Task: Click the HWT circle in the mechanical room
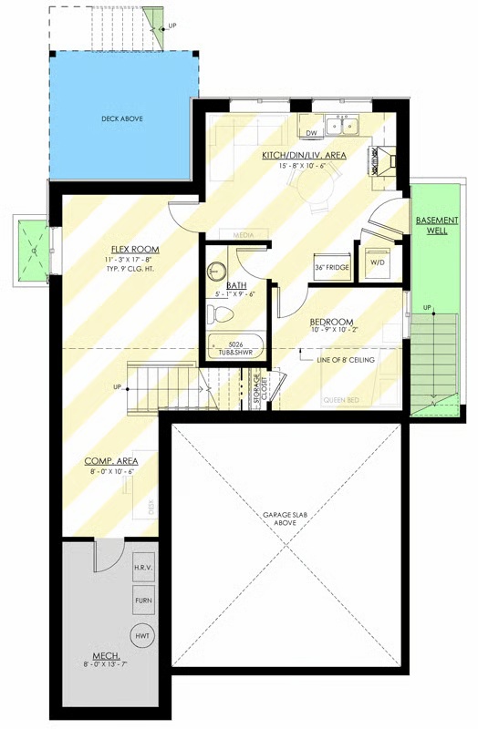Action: click(141, 634)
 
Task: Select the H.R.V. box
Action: click(143, 568)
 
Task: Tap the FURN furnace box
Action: click(143, 601)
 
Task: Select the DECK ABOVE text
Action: click(121, 118)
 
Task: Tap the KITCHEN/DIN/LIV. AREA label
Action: click(304, 156)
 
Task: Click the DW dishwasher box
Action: click(311, 133)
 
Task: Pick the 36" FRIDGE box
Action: click(333, 268)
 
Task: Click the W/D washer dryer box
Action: click(377, 260)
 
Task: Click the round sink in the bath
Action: click(216, 272)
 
